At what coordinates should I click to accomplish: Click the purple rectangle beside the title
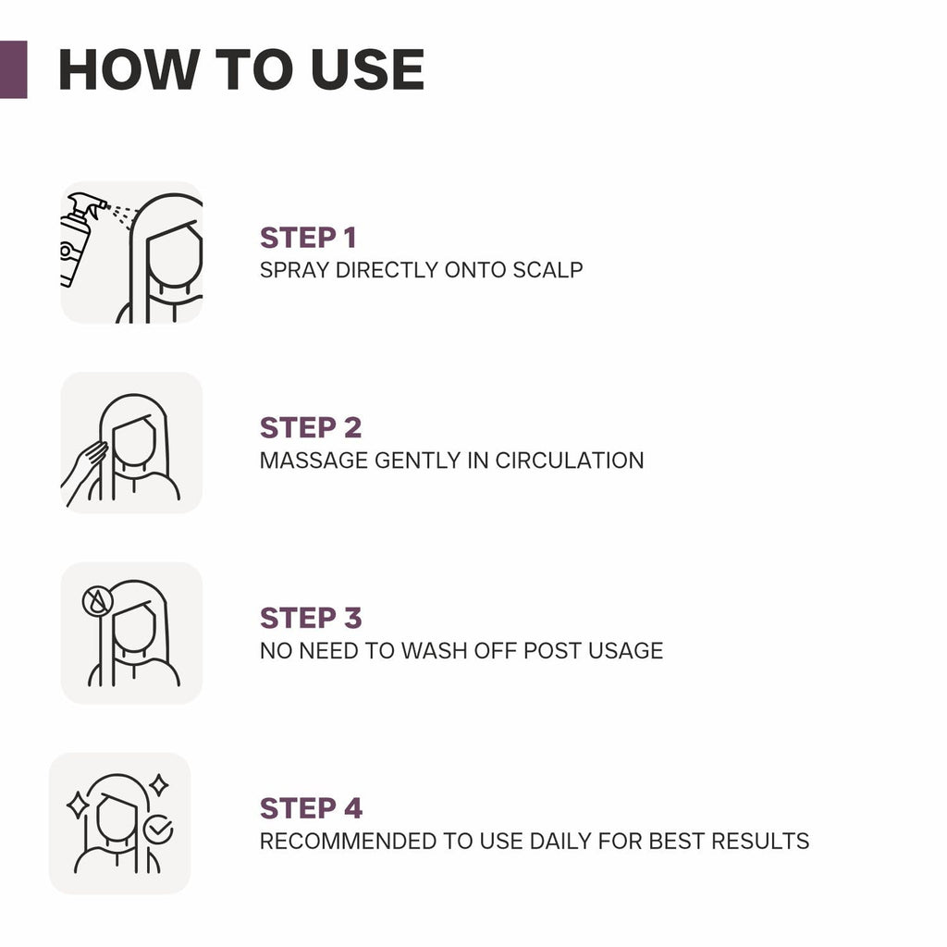point(13,69)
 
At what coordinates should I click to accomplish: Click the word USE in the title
point(367,70)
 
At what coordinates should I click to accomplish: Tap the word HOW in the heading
point(129,70)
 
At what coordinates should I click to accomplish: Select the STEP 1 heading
point(308,238)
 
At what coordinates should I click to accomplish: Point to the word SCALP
point(547,270)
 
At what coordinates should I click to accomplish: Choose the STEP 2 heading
point(311,427)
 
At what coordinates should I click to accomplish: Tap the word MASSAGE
point(313,461)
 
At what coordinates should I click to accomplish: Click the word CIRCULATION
point(570,461)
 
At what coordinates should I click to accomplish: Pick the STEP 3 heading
point(311,618)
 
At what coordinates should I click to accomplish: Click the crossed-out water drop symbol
point(97,601)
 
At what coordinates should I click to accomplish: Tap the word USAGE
point(625,650)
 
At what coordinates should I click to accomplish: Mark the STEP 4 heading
point(311,808)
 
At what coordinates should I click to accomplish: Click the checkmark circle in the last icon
point(158,829)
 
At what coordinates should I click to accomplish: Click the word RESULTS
point(760,841)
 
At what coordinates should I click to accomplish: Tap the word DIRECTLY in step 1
point(387,270)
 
